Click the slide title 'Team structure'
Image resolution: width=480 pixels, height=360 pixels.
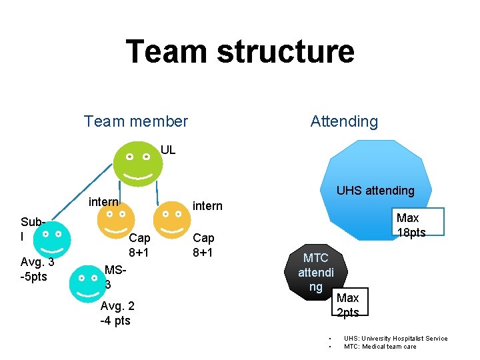click(240, 52)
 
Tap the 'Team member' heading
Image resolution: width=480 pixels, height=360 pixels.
click(136, 121)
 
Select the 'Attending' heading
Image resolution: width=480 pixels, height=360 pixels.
click(344, 121)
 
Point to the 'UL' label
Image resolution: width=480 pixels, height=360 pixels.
click(168, 150)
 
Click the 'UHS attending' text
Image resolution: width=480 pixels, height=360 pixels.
click(375, 191)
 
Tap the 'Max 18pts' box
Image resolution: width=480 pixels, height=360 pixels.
click(410, 225)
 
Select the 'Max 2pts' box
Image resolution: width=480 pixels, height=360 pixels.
click(348, 305)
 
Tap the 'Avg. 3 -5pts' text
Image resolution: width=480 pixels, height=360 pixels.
click(37, 269)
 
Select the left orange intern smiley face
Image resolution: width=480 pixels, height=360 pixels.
click(115, 221)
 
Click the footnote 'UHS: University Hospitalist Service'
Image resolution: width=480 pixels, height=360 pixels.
click(395, 339)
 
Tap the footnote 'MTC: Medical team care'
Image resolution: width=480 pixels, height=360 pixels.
click(380, 347)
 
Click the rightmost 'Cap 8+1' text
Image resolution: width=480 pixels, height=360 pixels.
click(203, 245)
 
